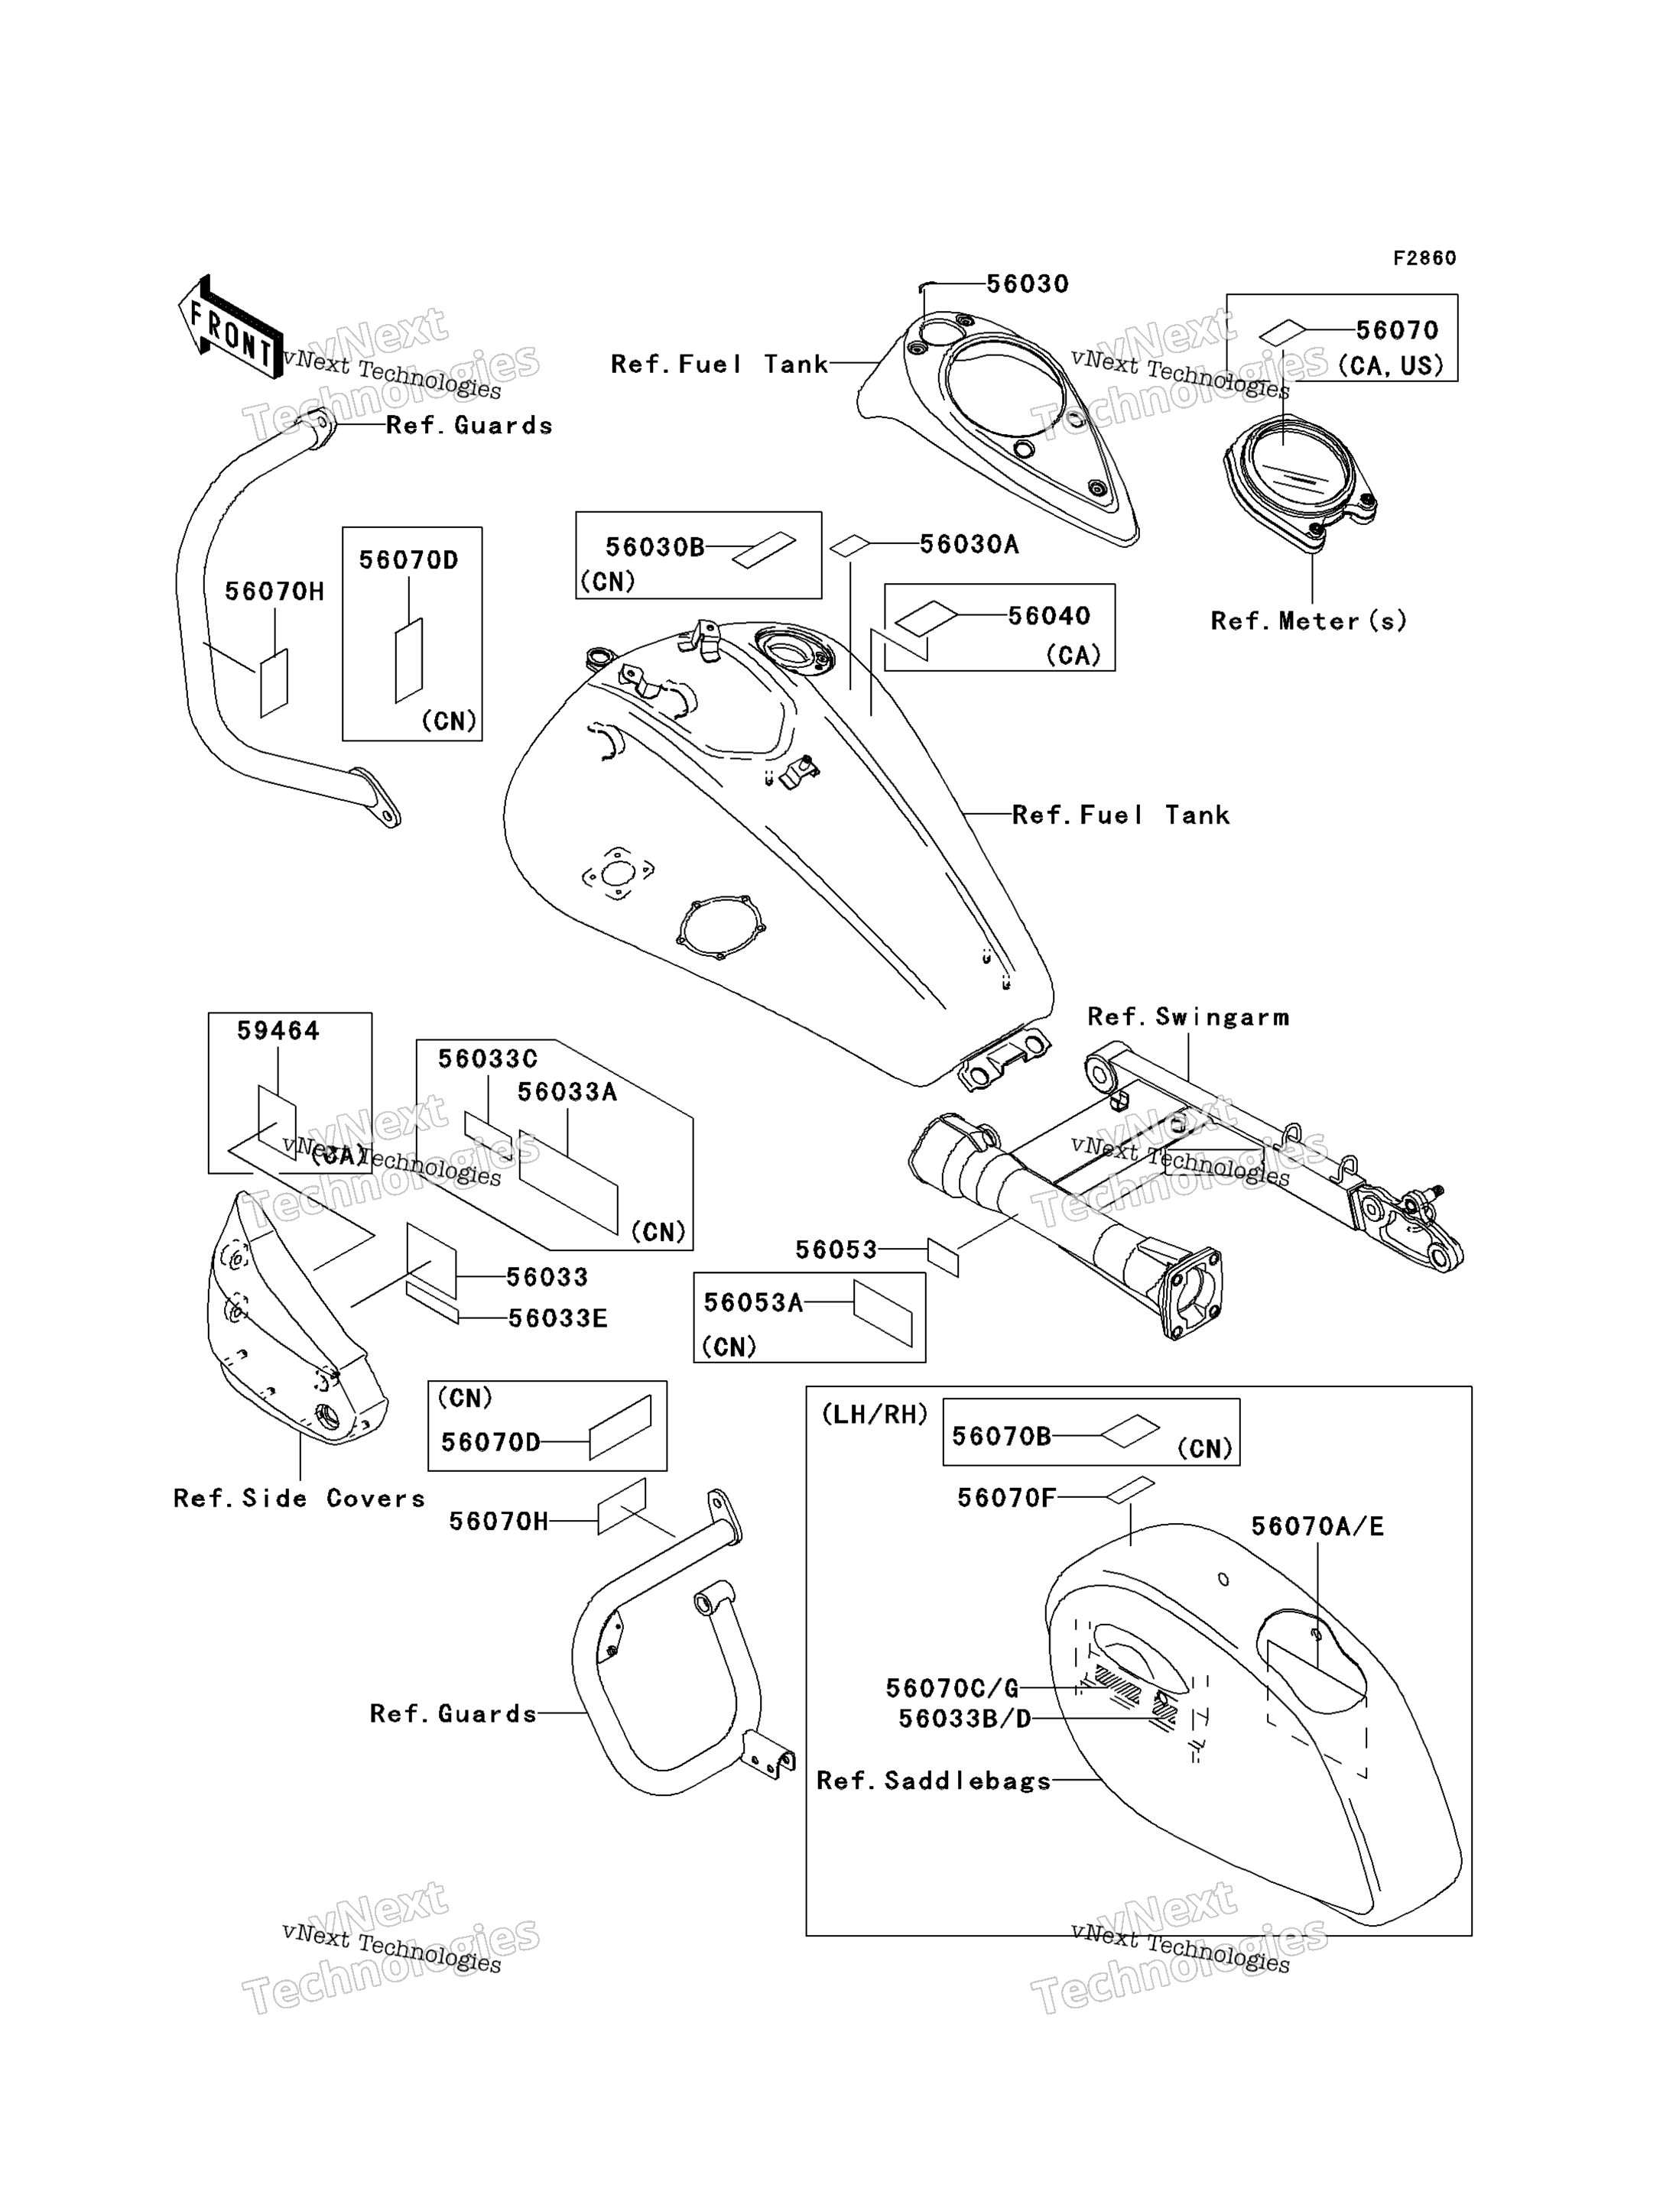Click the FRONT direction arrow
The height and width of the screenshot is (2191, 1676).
point(230,327)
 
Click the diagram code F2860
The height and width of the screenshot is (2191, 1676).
point(1424,258)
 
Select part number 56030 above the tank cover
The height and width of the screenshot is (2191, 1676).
point(1028,284)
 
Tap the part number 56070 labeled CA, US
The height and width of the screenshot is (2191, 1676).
point(1397,330)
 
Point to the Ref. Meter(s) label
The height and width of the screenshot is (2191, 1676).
point(1309,621)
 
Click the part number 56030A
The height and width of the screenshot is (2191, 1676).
point(969,545)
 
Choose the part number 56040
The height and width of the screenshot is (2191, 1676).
point(1048,616)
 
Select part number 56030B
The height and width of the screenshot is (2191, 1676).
point(655,547)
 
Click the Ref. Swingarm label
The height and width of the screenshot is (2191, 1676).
point(1188,1017)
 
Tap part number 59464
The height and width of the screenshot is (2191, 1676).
point(278,1031)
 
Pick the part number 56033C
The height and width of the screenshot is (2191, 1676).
point(488,1059)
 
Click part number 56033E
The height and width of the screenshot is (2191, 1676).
point(557,1318)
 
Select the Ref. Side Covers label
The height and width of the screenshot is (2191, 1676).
point(299,1499)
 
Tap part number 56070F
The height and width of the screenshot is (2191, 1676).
point(1007,1498)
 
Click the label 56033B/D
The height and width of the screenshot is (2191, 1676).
point(965,1719)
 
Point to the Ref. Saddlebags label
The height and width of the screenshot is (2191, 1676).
point(934,1781)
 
